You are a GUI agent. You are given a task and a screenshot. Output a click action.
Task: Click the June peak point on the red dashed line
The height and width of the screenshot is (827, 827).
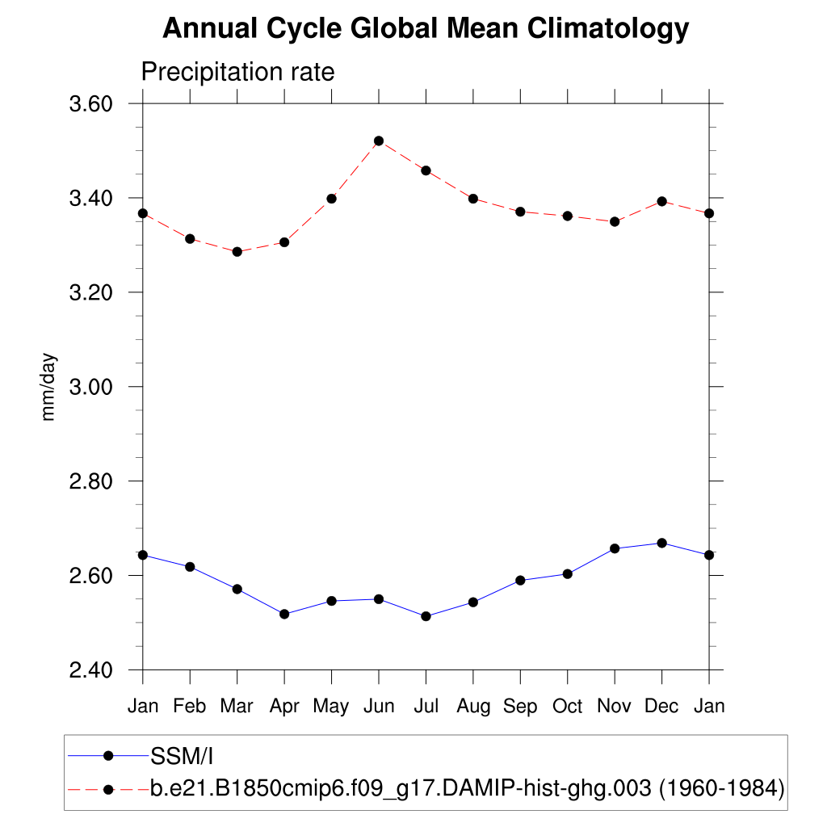(x=379, y=141)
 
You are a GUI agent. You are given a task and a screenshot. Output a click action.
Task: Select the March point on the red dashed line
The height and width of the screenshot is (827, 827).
(x=237, y=252)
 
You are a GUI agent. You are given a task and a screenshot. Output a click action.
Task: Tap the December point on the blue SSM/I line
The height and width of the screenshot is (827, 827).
(x=662, y=543)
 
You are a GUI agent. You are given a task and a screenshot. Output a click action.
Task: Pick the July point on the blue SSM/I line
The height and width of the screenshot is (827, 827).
(x=426, y=616)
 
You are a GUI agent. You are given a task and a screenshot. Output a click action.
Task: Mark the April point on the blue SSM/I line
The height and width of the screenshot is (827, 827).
(x=284, y=614)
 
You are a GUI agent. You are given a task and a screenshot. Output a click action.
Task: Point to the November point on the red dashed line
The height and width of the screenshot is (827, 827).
(x=615, y=221)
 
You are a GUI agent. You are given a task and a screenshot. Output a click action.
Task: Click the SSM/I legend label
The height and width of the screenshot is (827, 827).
(x=181, y=757)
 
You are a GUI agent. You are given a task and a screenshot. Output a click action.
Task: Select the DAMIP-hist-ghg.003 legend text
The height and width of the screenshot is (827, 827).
(x=468, y=787)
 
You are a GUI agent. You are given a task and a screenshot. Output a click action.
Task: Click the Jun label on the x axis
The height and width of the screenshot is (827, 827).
(x=379, y=707)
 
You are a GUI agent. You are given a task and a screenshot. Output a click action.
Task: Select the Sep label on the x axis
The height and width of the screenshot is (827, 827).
(x=520, y=707)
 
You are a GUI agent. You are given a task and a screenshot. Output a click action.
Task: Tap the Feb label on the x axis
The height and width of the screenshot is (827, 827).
(x=190, y=707)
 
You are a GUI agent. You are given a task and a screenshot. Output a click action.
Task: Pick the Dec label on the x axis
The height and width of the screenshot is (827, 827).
(x=662, y=707)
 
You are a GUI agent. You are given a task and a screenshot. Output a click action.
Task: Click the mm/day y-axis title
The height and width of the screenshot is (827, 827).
(x=49, y=387)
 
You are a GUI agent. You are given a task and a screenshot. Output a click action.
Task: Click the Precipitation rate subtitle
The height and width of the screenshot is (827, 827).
(x=237, y=72)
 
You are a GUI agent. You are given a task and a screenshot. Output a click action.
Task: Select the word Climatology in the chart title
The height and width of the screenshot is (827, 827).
(x=608, y=29)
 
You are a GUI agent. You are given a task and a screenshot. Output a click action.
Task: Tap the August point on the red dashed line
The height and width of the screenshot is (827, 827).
(x=473, y=199)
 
